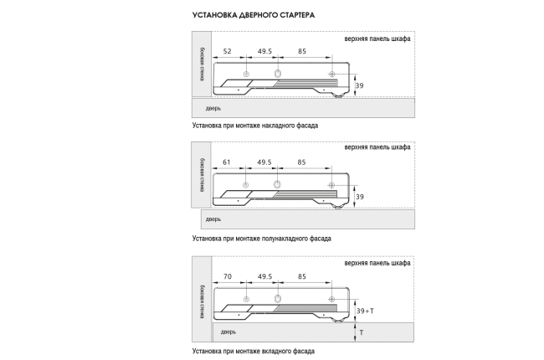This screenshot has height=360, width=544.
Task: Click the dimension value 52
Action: point(227,52)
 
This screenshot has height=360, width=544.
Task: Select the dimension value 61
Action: point(227,162)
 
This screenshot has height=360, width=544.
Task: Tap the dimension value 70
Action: point(227,276)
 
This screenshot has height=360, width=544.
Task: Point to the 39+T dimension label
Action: point(365,311)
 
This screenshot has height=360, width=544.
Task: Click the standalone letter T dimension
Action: point(361,332)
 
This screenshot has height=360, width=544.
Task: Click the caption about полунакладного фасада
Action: point(260,238)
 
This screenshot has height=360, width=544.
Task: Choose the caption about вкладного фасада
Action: point(253,351)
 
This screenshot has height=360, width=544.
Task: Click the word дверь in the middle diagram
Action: point(213,219)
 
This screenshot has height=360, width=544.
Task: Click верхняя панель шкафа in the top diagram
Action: point(377,40)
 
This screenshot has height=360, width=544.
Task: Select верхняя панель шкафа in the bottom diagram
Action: point(377,263)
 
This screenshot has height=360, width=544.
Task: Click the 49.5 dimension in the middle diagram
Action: point(264,162)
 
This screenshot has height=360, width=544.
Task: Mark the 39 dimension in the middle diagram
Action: point(361,197)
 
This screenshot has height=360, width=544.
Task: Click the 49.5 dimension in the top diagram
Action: point(264,52)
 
